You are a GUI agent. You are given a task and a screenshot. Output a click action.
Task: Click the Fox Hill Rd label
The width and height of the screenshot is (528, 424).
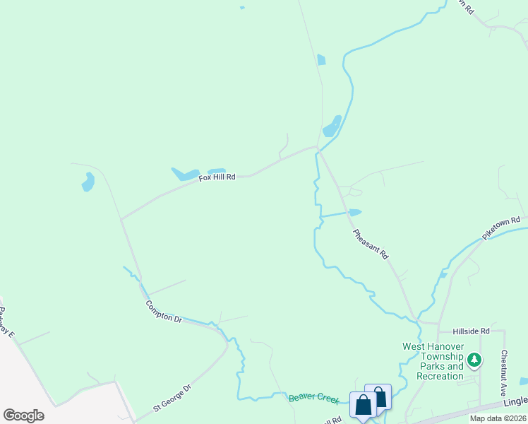[217, 177]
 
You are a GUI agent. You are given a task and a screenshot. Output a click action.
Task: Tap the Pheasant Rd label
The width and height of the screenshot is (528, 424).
[371, 243]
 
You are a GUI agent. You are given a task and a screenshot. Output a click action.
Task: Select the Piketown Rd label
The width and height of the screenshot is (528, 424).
[501, 227]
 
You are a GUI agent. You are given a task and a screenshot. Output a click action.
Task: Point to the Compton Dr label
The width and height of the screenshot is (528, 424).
[164, 312]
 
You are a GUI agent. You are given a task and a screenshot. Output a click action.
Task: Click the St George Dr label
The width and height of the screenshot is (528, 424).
[172, 399]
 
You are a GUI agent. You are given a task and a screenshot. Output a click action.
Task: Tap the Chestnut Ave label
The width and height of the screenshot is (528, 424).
[505, 367]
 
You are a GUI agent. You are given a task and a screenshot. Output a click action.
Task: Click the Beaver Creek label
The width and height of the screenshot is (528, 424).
[314, 399]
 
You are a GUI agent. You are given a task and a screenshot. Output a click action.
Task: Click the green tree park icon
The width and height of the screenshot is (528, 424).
[476, 360]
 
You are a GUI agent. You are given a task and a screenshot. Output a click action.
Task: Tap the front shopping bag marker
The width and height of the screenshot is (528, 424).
[364, 406]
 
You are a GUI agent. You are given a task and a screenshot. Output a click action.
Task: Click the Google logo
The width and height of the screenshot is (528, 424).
[23, 416]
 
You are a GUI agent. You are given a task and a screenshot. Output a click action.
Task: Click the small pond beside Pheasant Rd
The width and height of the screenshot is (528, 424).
[355, 212]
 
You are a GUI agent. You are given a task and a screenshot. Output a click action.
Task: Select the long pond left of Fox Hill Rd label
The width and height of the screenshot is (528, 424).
[186, 174]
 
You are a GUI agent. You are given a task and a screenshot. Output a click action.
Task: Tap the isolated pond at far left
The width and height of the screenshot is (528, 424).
[88, 182]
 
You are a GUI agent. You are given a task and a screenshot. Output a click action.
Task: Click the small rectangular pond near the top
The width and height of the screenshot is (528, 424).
[321, 59]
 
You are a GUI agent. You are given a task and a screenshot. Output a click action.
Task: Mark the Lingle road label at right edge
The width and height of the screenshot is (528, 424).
[516, 401]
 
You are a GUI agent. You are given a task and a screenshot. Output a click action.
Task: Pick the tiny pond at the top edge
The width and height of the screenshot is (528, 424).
[242, 8]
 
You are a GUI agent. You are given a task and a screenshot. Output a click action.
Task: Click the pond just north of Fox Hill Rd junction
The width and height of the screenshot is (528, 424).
[332, 126]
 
